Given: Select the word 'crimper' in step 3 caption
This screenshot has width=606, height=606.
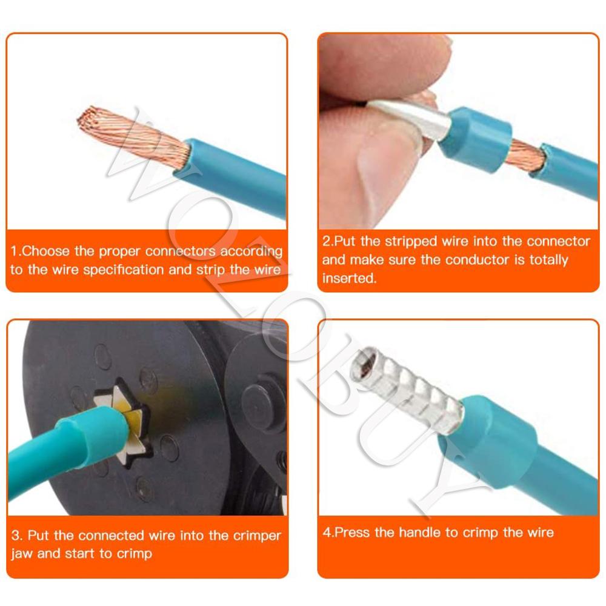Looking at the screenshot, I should (x=257, y=535).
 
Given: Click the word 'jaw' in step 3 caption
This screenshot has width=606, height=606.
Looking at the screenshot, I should (x=22, y=553).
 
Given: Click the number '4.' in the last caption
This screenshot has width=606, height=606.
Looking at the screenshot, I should (x=328, y=533).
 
